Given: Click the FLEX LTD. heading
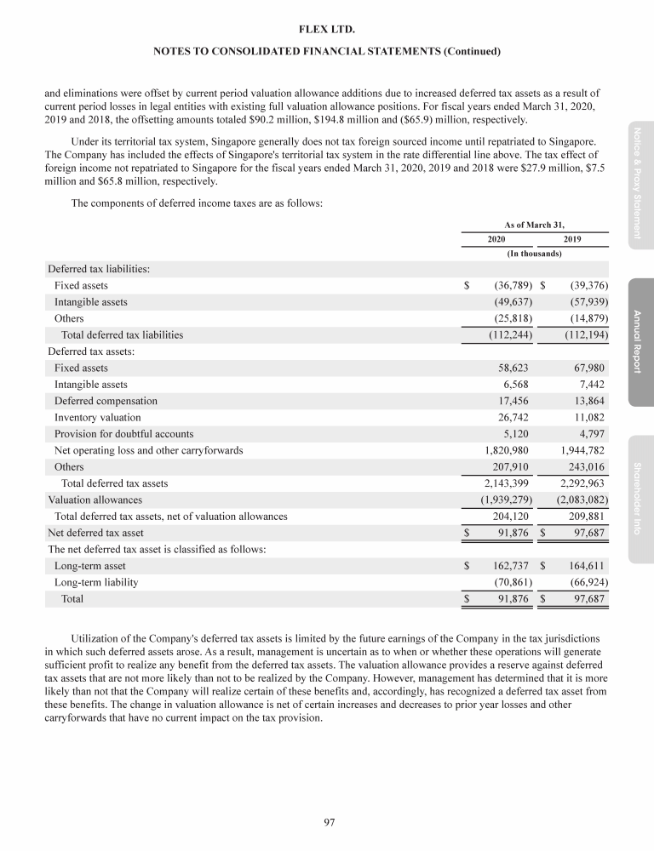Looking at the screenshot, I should tap(327, 30).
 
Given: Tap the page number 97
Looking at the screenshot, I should tap(327, 822).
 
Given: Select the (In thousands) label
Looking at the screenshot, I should tap(534, 254).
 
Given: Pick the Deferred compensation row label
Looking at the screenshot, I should tap(106, 401).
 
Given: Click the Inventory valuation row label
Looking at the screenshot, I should tap(98, 417).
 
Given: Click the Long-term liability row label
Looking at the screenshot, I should tap(96, 582).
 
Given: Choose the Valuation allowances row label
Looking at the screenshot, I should tap(95, 500).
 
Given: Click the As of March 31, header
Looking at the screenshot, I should tap(534, 224).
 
